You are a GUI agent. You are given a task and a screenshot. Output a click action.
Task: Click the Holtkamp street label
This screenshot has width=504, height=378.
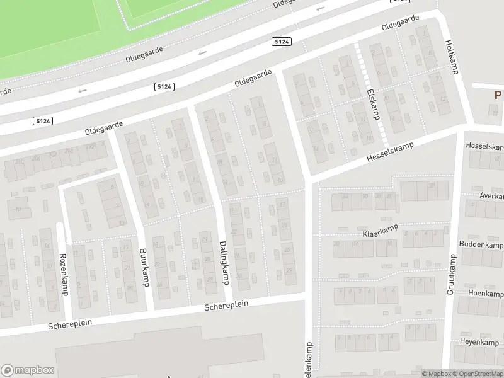tap(450, 57)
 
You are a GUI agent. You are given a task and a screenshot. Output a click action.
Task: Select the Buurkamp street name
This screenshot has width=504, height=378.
tap(143, 267)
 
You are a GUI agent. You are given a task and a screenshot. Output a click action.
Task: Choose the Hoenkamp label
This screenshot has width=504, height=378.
tap(486, 294)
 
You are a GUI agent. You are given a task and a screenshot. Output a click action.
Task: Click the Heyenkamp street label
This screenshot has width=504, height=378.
tap(481, 342)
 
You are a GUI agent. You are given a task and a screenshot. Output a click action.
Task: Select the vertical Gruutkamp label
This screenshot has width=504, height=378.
tap(451, 275)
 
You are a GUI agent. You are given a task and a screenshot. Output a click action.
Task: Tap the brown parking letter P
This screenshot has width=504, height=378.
tap(498, 96)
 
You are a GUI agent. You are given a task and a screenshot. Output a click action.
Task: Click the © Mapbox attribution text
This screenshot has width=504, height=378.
tap(436, 374)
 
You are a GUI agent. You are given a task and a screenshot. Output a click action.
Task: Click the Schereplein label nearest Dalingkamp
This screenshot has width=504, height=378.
tap(226, 306)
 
